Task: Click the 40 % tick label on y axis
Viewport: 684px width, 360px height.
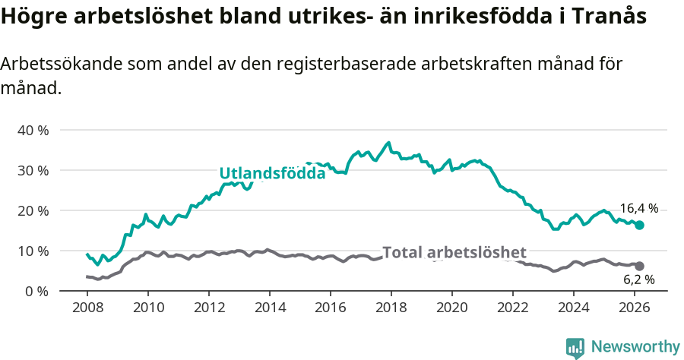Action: (33, 130)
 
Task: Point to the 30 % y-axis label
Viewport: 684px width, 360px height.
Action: (33, 170)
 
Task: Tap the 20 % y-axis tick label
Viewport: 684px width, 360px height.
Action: (33, 210)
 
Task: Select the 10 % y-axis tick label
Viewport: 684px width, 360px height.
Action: (33, 251)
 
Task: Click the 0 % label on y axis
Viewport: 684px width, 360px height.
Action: (36, 291)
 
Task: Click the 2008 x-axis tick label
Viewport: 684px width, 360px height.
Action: (87, 309)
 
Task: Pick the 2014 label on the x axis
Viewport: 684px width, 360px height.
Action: (269, 309)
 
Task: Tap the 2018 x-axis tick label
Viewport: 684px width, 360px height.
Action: (391, 309)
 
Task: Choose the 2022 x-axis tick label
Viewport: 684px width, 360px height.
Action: (512, 309)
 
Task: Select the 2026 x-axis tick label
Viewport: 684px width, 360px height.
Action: (634, 309)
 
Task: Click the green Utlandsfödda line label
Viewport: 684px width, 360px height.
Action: (272, 173)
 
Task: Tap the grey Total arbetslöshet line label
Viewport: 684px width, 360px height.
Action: (454, 252)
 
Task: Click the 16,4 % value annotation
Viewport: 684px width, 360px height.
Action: (638, 208)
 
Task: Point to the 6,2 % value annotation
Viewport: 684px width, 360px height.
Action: (638, 279)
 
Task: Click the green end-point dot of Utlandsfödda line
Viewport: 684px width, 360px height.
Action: (639, 225)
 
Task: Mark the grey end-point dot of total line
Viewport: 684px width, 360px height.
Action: (639, 266)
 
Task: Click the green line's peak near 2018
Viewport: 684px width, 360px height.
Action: (389, 143)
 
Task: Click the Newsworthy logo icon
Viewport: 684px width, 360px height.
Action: (575, 348)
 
